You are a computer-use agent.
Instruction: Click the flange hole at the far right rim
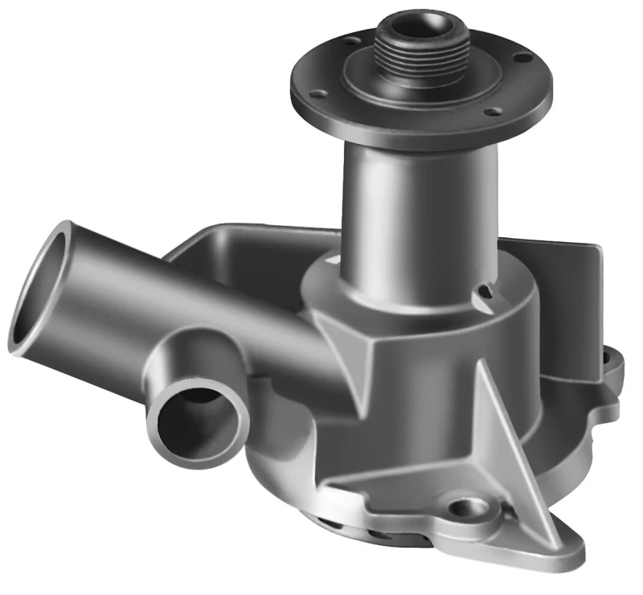tap(523, 58)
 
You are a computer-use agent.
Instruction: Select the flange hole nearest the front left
tap(319, 94)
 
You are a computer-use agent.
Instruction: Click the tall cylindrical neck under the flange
tap(418, 217)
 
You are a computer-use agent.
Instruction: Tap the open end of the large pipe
tap(39, 289)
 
